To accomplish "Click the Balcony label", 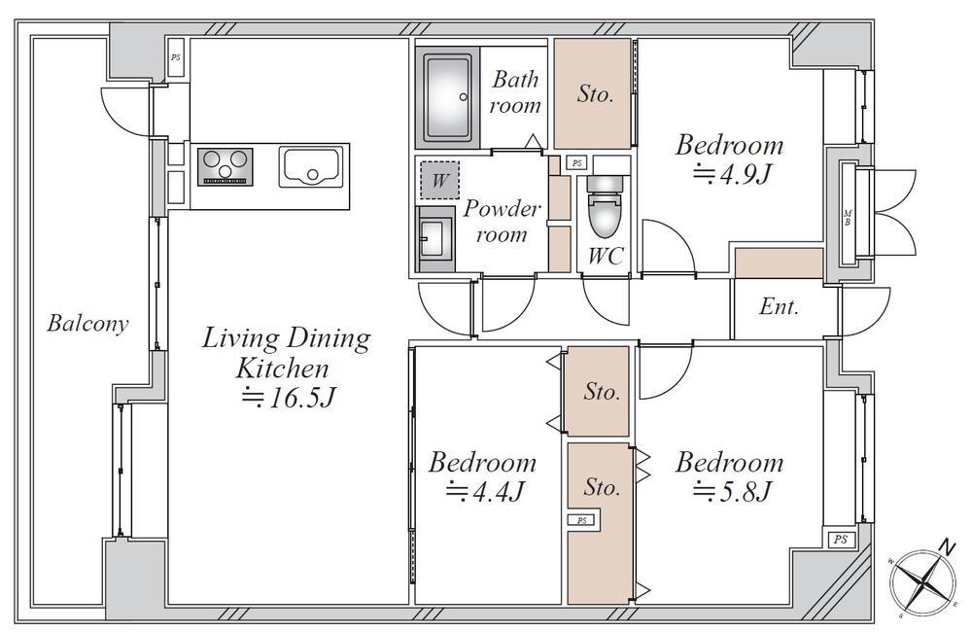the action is coord(87,324).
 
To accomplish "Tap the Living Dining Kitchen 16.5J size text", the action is coord(288,398).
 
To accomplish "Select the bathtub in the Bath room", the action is coord(447,96).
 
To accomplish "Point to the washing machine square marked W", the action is coord(439,180).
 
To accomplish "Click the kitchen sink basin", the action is coord(310,166).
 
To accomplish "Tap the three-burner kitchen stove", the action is coord(225,166).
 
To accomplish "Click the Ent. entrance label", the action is coord(779,306).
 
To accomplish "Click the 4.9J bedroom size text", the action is coord(731,175).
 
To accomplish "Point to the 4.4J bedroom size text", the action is coord(486,493).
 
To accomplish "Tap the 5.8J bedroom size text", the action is coord(732,493).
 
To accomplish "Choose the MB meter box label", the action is coord(848,218).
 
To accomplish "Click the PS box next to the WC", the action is coord(577,163).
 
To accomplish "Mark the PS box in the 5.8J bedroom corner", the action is coord(841,539).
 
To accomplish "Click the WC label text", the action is coord(605,256).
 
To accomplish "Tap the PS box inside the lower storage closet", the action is coord(581,520).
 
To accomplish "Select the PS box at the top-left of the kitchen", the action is coord(176,57).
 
